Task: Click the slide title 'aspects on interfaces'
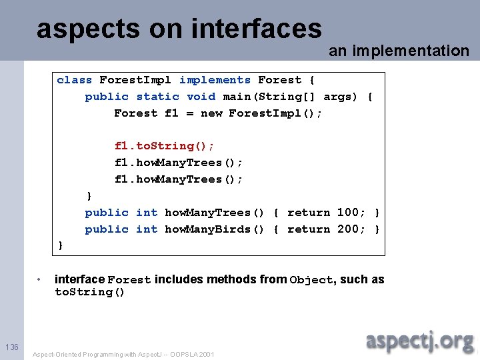click(179, 29)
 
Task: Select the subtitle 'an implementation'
click(399, 51)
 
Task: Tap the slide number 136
click(12, 347)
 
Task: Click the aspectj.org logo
click(419, 341)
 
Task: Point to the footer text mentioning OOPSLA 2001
click(123, 355)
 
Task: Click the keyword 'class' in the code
click(74, 80)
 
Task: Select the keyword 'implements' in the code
click(215, 80)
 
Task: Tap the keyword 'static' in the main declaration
click(157, 97)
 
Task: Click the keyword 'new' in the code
click(211, 113)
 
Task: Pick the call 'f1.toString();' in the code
click(164, 146)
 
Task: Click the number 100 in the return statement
click(347, 213)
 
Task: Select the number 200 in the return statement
click(347, 229)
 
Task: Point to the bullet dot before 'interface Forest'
click(40, 279)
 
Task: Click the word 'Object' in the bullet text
click(311, 280)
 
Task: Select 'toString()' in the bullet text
click(89, 293)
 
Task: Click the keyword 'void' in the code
click(201, 97)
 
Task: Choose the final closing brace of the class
click(61, 246)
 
